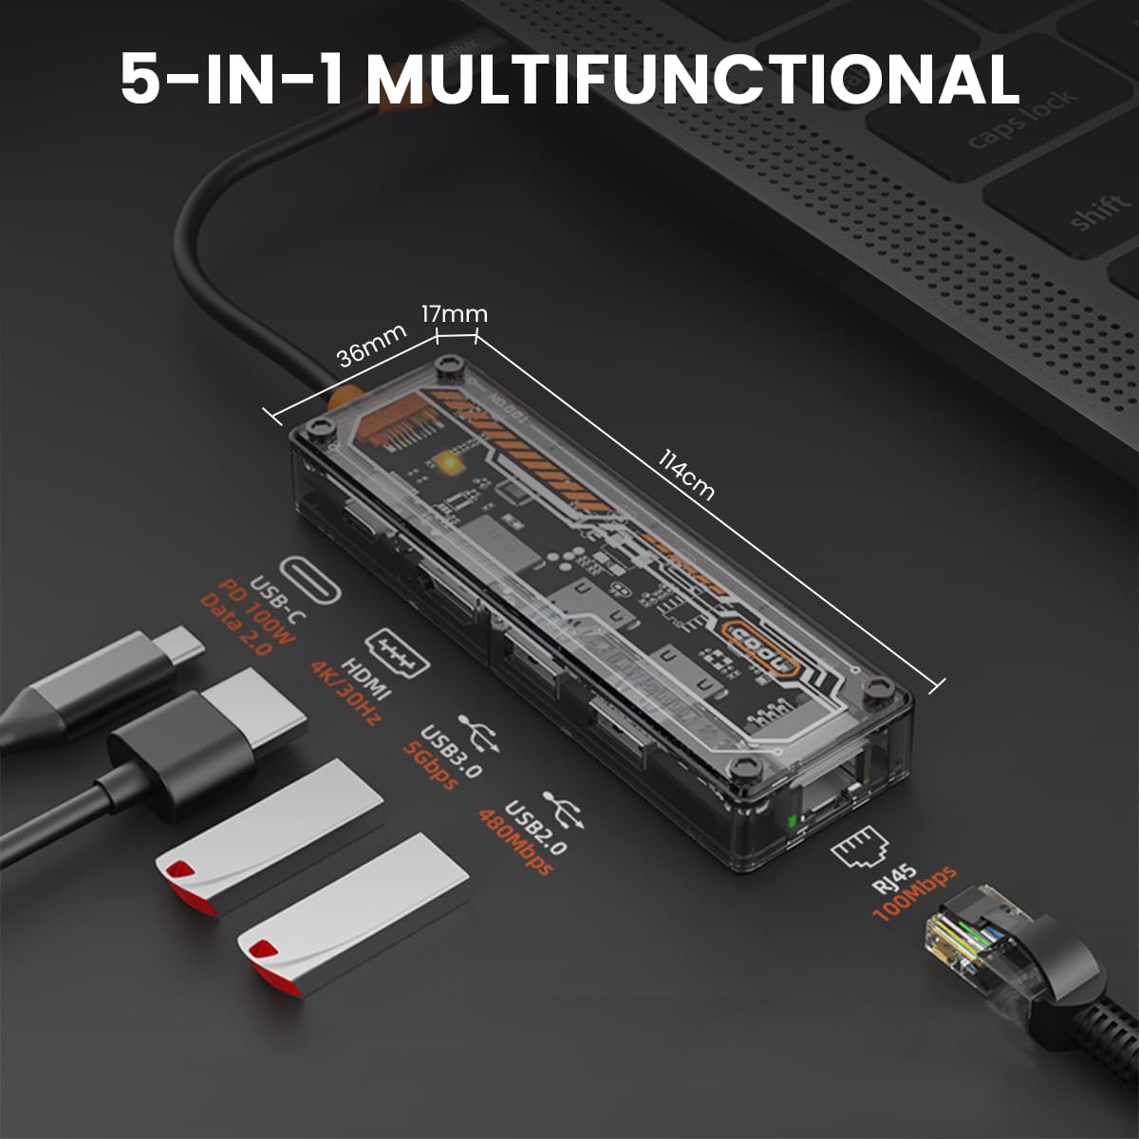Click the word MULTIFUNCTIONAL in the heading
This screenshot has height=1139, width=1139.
pos(693,80)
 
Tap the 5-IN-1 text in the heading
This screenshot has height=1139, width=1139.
pos(232,80)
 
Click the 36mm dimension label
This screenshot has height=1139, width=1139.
pos(371,345)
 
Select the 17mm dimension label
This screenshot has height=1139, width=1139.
pos(455,314)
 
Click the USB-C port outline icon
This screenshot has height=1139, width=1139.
pos(309,579)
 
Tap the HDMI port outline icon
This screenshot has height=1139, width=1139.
pos(397,652)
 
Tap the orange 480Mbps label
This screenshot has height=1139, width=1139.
pos(515,842)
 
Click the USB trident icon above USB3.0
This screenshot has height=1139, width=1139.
pos(479,734)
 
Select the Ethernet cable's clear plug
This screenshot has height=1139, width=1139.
pos(969,940)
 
